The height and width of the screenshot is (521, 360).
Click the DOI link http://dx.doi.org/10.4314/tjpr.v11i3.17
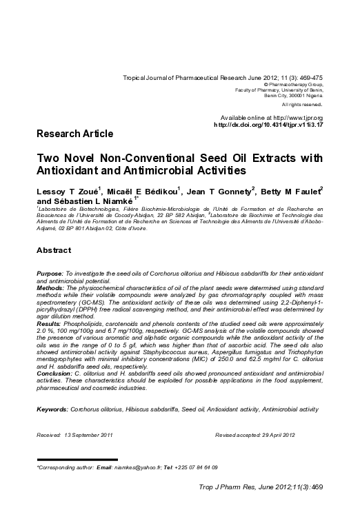[268, 125]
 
